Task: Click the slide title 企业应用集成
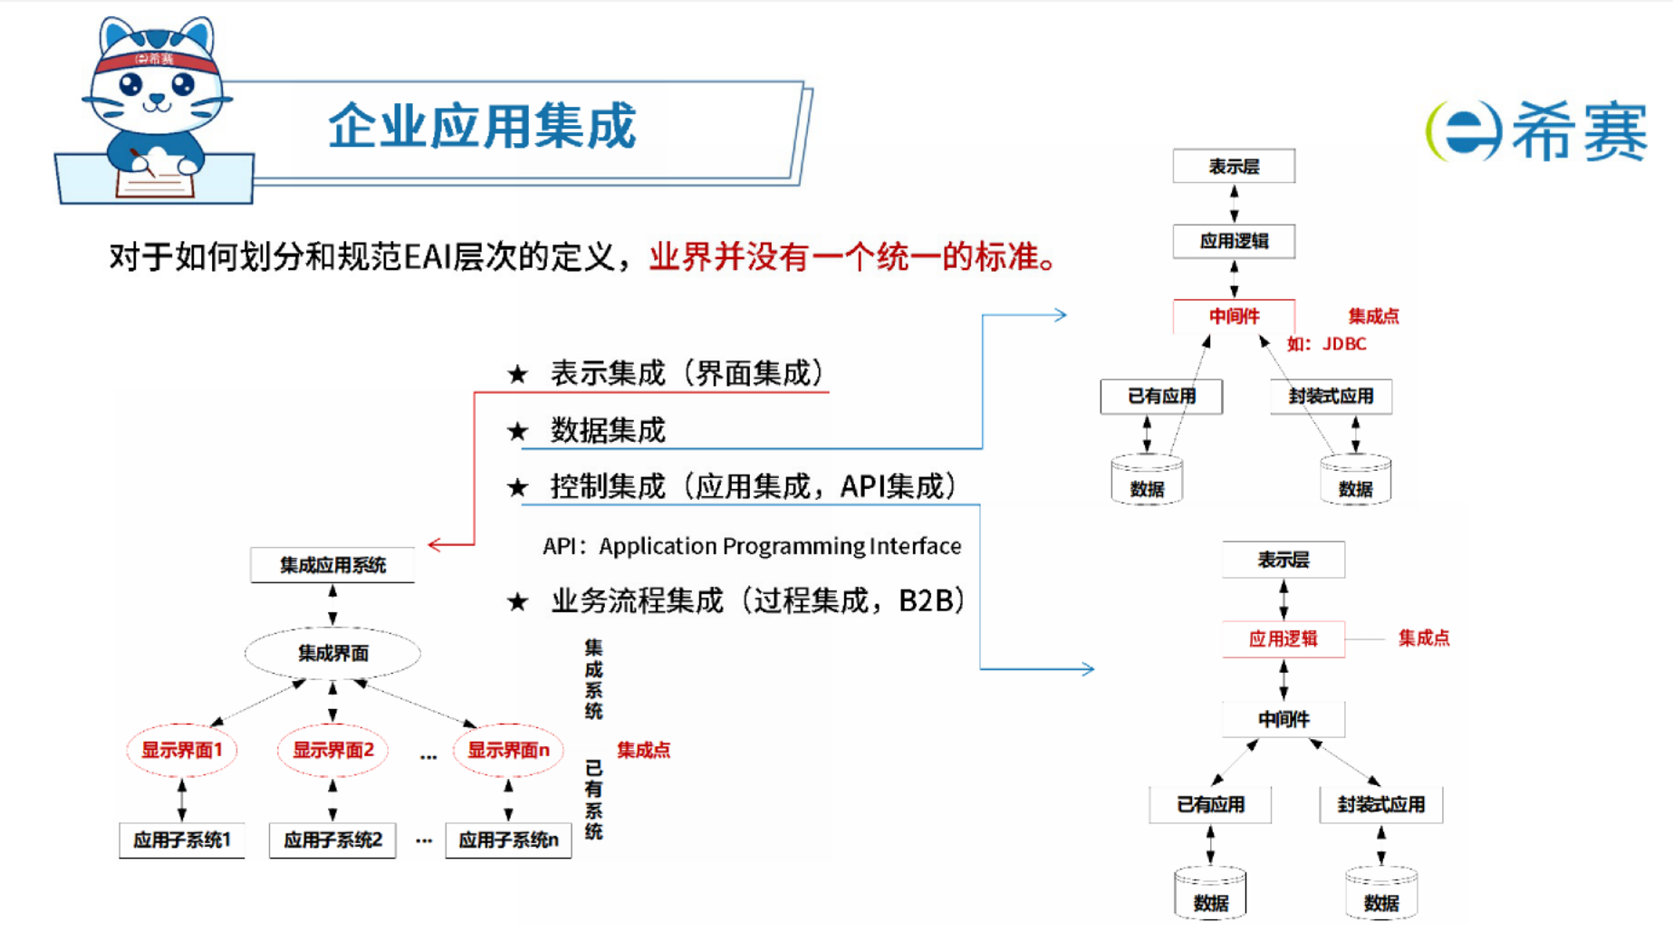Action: tap(482, 125)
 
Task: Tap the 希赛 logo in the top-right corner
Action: tap(1536, 131)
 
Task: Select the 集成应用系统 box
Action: tap(332, 565)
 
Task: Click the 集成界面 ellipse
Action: tap(332, 653)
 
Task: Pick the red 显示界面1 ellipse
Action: tap(181, 750)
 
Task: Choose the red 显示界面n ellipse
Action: tap(507, 750)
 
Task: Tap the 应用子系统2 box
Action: tap(332, 840)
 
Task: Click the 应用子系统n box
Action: tap(507, 840)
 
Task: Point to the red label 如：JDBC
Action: tap(1326, 344)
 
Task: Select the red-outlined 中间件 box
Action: tap(1234, 316)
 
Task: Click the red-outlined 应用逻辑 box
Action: tap(1283, 639)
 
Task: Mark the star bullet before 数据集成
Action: tap(517, 431)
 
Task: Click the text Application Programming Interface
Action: tap(780, 546)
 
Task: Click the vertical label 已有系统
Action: tap(593, 800)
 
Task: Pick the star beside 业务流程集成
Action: tap(517, 601)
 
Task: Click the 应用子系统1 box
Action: tap(181, 840)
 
